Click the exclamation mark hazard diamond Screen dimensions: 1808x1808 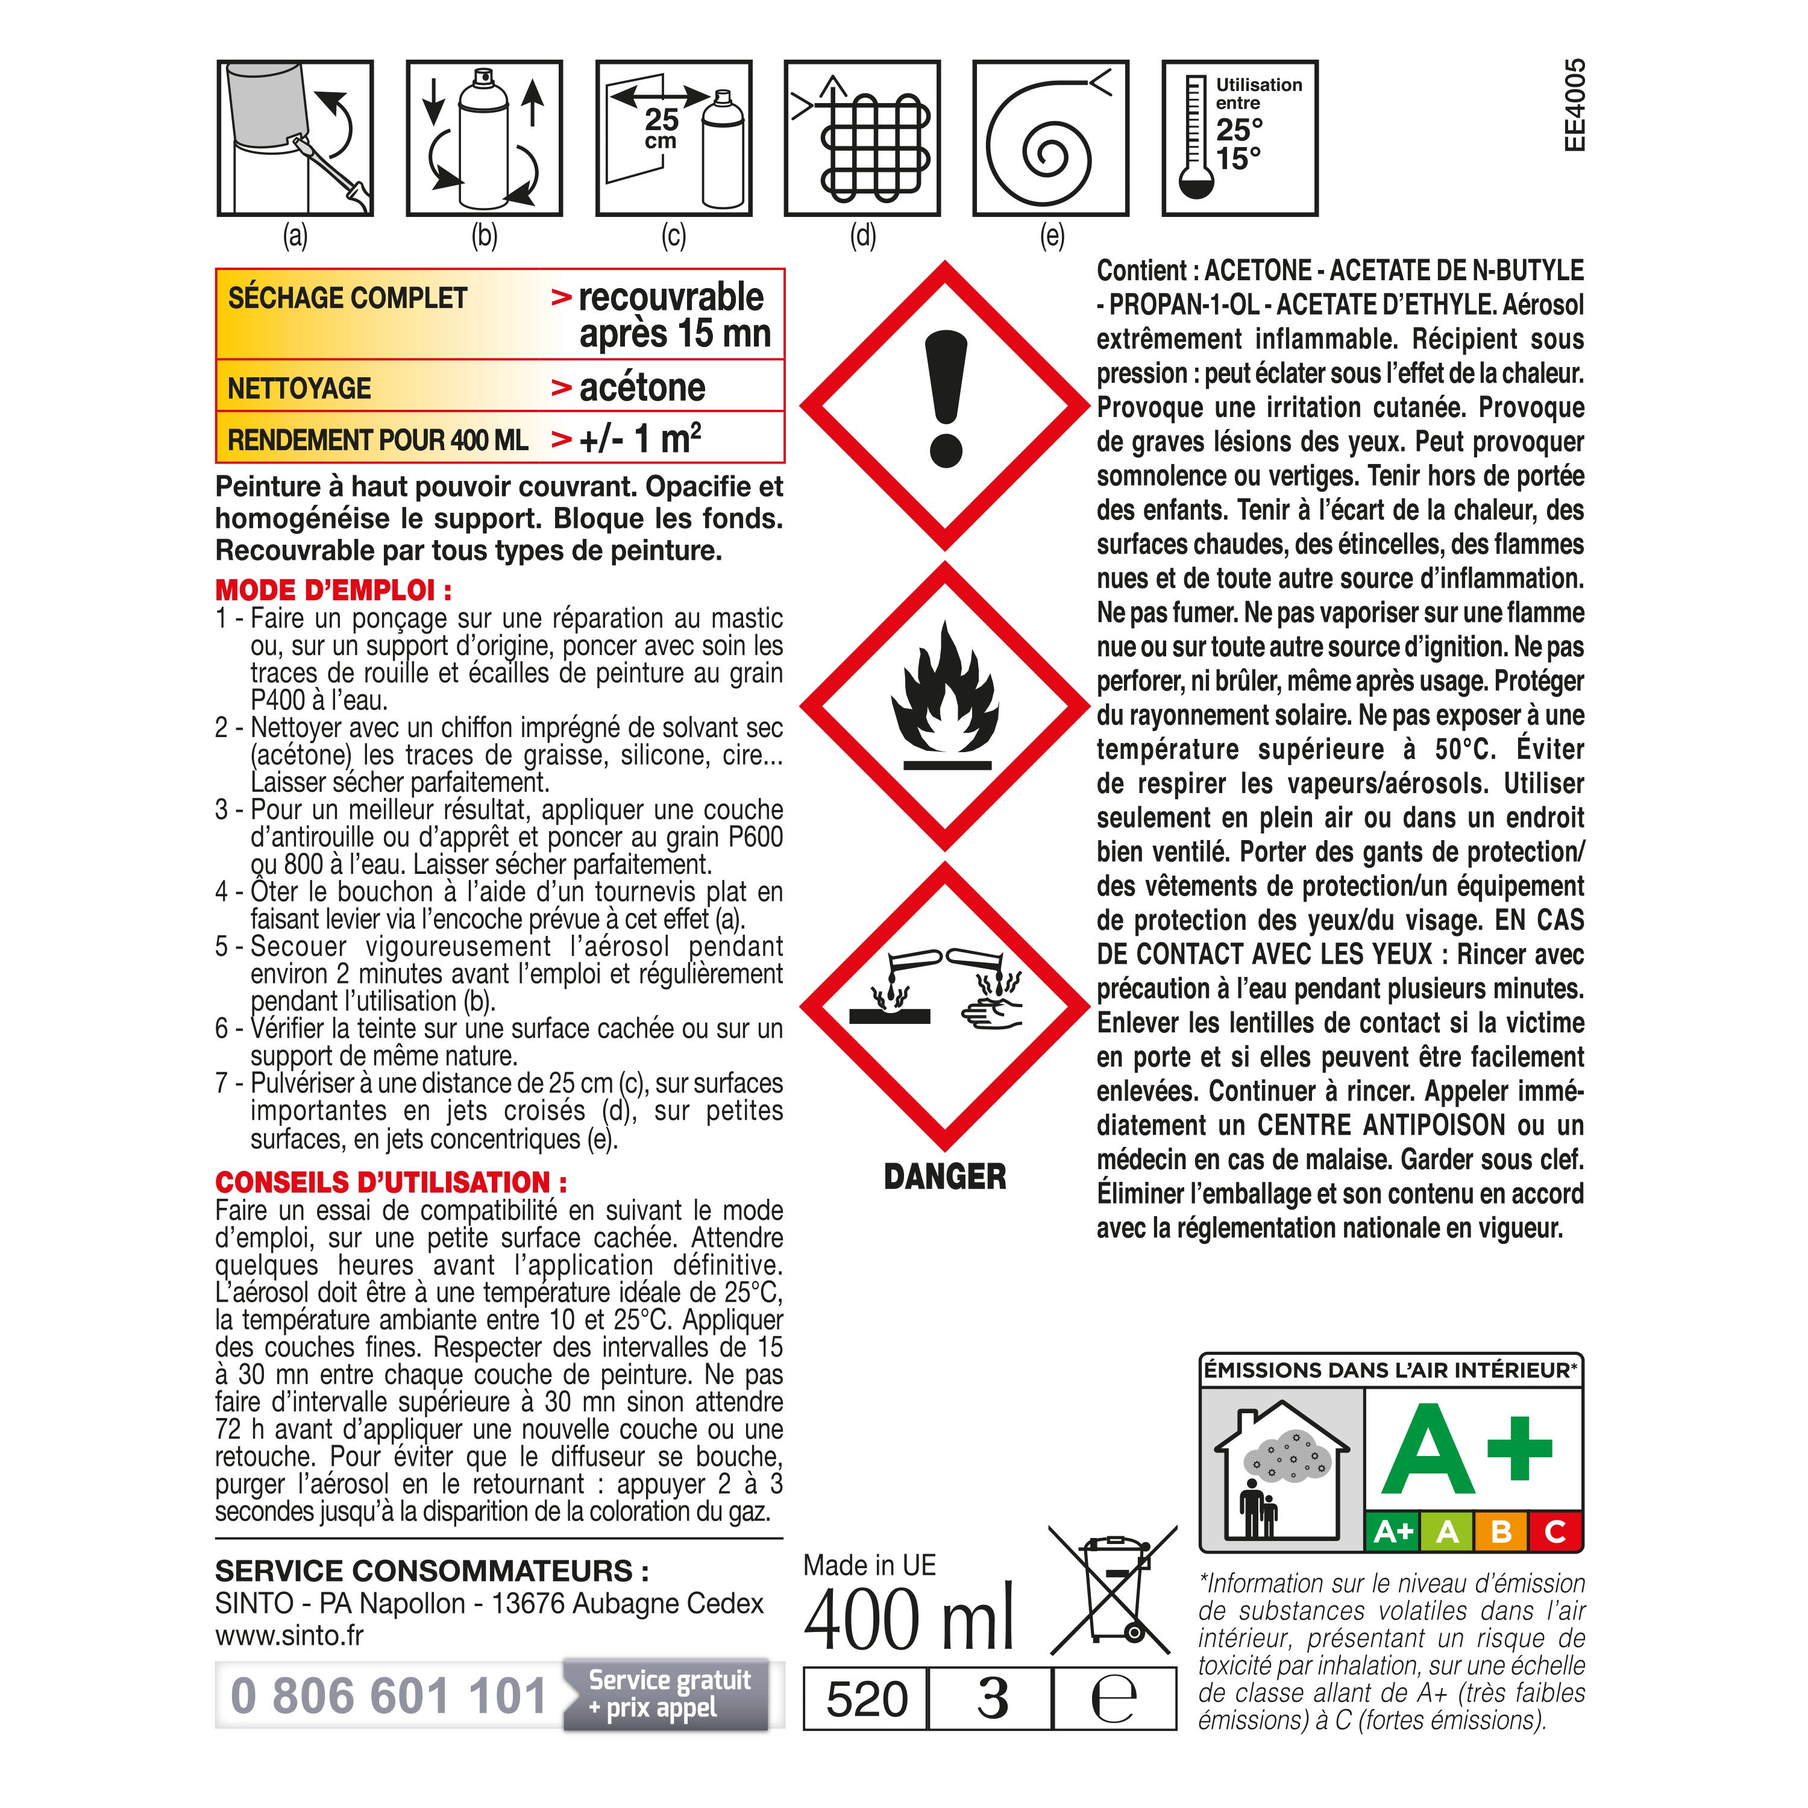click(x=945, y=404)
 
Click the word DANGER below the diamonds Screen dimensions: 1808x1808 click(x=945, y=1176)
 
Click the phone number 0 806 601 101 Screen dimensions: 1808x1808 click(x=388, y=1696)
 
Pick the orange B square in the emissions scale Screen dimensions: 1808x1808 click(x=1501, y=1532)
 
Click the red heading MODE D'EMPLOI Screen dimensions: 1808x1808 click(x=333, y=591)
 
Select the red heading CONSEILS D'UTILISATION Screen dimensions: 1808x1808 click(x=391, y=1182)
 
